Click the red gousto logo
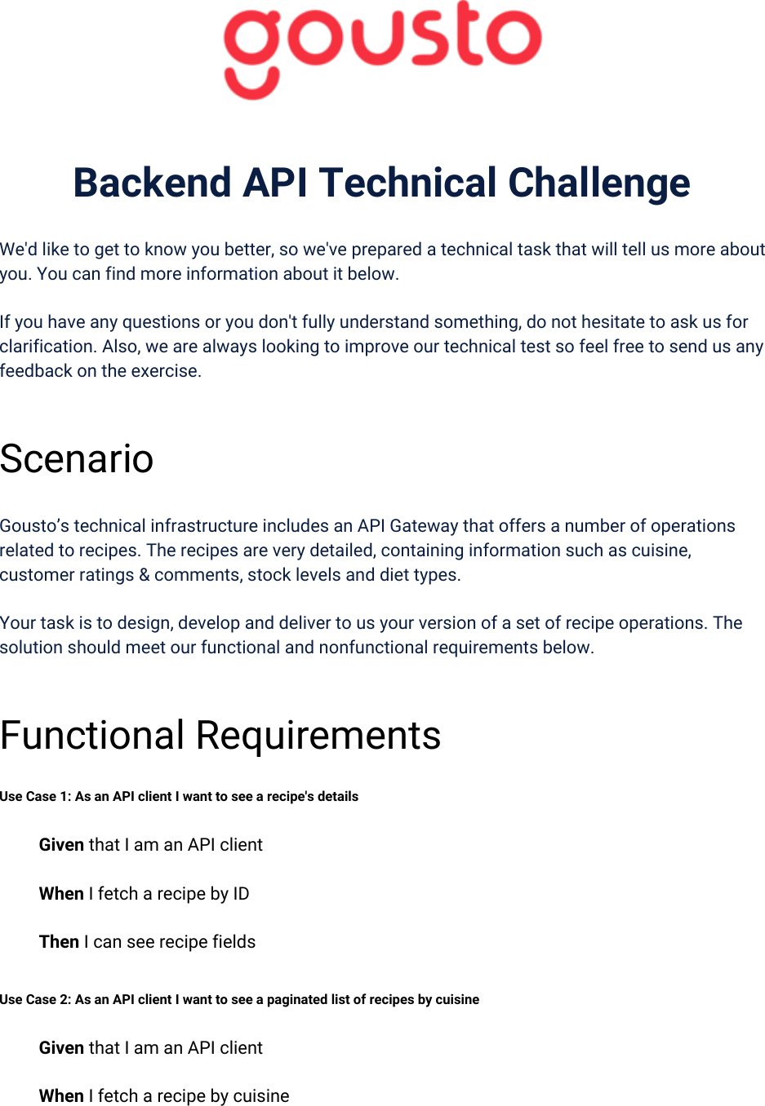pyautogui.click(x=382, y=50)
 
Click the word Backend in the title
pyautogui.click(x=152, y=183)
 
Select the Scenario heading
pyautogui.click(x=77, y=458)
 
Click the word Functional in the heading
pyautogui.click(x=92, y=735)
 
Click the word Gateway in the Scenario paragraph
pyautogui.click(x=424, y=526)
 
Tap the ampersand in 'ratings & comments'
pyautogui.click(x=144, y=575)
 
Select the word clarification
pyautogui.click(x=48, y=347)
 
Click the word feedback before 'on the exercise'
pyautogui.click(x=36, y=371)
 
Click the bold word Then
pyautogui.click(x=59, y=941)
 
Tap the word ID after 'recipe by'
pyautogui.click(x=241, y=894)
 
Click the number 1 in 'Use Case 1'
pyautogui.click(x=67, y=796)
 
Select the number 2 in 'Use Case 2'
pyautogui.click(x=67, y=999)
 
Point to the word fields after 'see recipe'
pyautogui.click(x=234, y=941)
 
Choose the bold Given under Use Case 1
pyautogui.click(x=61, y=845)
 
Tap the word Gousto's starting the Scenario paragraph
pyautogui.click(x=34, y=526)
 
